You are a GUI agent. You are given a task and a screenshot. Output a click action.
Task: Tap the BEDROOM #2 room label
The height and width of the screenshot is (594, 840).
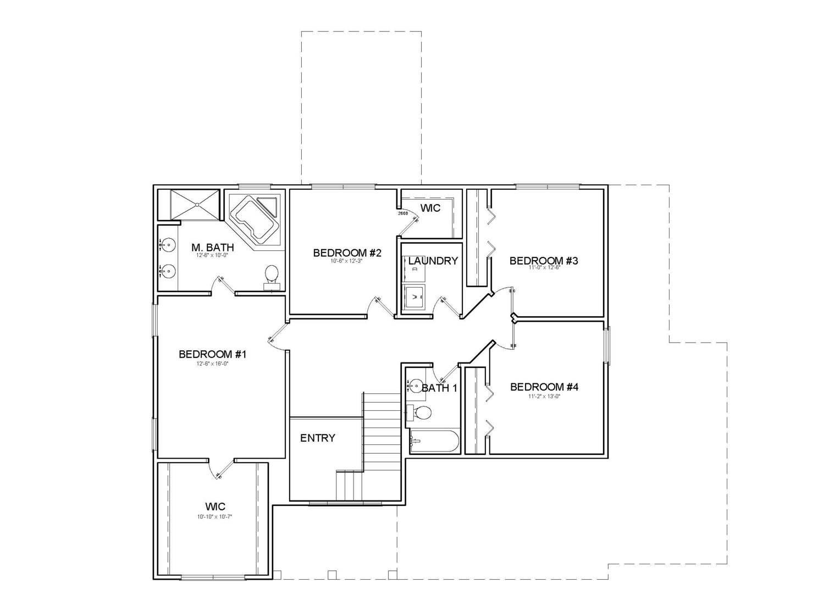(x=347, y=253)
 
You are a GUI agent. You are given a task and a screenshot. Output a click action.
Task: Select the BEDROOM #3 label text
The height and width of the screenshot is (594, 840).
(x=543, y=261)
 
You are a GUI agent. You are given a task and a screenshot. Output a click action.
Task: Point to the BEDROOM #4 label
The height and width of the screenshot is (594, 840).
(x=544, y=387)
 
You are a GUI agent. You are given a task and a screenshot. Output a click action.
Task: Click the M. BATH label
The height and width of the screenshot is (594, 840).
(x=212, y=248)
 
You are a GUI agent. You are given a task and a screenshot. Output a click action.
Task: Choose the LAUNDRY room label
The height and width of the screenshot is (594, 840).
(x=433, y=261)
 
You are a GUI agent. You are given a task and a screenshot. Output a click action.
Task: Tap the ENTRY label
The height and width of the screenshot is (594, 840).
(x=317, y=438)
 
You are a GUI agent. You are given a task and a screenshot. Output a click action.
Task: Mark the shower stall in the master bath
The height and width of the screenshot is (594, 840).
(x=196, y=205)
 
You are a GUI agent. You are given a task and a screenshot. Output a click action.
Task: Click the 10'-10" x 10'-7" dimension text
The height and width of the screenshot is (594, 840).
(x=215, y=516)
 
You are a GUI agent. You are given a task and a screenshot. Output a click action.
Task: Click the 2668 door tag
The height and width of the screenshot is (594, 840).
(x=402, y=213)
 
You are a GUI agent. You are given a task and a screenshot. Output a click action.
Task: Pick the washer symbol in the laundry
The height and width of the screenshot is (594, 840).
(x=414, y=297)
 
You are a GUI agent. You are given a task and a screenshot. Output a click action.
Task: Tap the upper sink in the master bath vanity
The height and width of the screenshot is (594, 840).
(x=168, y=244)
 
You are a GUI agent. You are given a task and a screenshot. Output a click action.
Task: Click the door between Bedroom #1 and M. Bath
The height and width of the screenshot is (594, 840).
(x=223, y=286)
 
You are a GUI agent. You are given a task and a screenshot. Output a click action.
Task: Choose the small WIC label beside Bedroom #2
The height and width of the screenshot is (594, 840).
(x=430, y=208)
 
